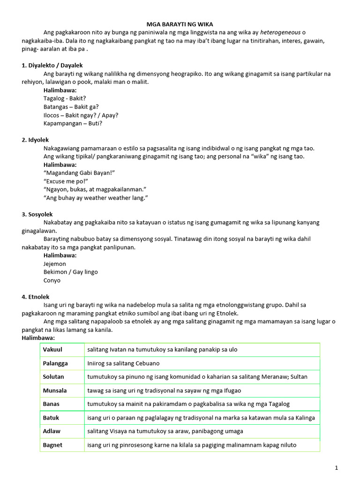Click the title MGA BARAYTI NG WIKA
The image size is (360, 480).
point(180,24)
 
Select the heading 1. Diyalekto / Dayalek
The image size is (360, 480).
point(52,65)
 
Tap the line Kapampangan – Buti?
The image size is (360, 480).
point(73,123)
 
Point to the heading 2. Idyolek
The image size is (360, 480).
point(35,140)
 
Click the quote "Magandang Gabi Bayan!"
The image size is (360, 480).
point(79,173)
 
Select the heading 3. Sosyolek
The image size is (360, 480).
point(37,214)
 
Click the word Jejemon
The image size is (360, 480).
point(55,264)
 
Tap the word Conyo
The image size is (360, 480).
point(52,280)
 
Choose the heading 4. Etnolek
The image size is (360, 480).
point(36,297)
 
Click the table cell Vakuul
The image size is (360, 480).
point(52,350)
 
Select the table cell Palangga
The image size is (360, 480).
point(55,363)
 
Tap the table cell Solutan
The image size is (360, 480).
point(53,377)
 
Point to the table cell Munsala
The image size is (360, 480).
point(55,390)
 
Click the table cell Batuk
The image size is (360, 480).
point(51,418)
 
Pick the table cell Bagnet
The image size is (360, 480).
point(52,445)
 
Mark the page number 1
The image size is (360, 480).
point(337,468)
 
